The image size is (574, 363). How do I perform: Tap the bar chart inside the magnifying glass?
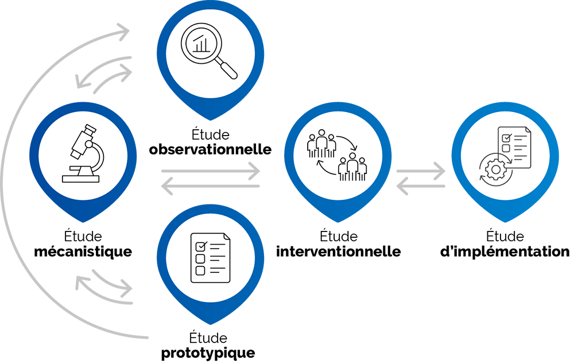(x=201, y=44)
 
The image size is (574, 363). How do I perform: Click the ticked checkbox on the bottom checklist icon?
(x=201, y=246)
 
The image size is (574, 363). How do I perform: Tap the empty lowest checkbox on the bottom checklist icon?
(x=201, y=271)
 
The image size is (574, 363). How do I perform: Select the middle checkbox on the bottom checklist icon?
(x=201, y=258)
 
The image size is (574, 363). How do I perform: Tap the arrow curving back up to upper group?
(x=326, y=169)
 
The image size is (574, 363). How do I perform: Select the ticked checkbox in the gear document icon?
(x=507, y=138)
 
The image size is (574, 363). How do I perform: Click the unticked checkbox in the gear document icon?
(x=506, y=149)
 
